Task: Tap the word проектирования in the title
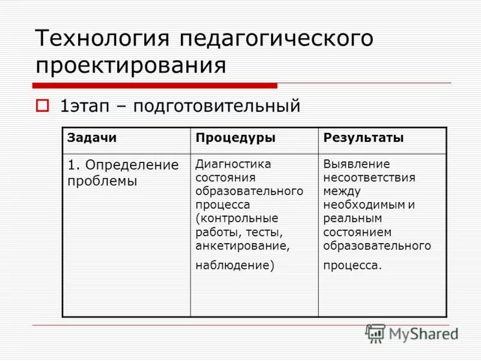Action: pyautogui.click(x=130, y=65)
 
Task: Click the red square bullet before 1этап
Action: pyautogui.click(x=41, y=106)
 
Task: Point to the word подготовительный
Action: pyautogui.click(x=216, y=106)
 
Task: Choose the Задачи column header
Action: pyautogui.click(x=92, y=138)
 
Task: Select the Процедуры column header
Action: pyautogui.click(x=235, y=138)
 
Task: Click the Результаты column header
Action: pyautogui.click(x=364, y=138)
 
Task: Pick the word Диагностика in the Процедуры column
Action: pyautogui.click(x=233, y=164)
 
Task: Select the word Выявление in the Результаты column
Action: pyautogui.click(x=357, y=164)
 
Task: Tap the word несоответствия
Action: pyautogui.click(x=369, y=177)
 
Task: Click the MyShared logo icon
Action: pyautogui.click(x=375, y=333)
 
